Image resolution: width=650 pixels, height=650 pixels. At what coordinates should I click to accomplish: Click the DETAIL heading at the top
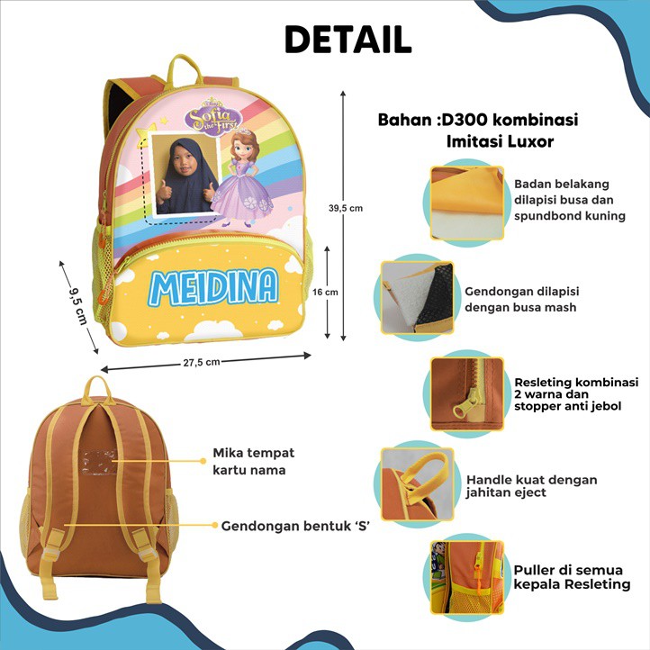click(x=348, y=39)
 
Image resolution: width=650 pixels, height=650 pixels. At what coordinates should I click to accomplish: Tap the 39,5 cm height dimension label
click(x=345, y=208)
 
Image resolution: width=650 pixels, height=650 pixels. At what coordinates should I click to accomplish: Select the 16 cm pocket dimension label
click(x=325, y=292)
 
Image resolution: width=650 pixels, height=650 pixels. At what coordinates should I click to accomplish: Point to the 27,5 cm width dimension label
click(x=201, y=363)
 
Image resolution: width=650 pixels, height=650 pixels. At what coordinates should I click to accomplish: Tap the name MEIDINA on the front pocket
click(x=213, y=286)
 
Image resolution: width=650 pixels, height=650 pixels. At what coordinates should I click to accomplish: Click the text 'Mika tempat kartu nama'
click(x=253, y=461)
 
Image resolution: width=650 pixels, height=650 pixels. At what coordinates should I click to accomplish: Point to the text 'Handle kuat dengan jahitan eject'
click(x=531, y=486)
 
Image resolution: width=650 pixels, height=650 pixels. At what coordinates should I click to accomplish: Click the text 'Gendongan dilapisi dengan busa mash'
click(x=521, y=300)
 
